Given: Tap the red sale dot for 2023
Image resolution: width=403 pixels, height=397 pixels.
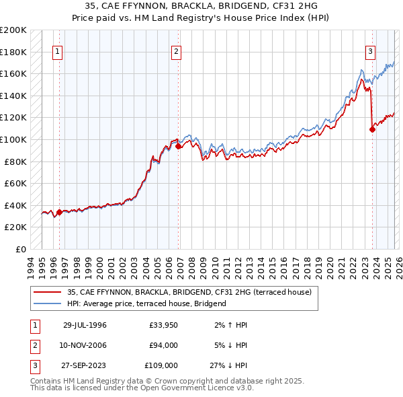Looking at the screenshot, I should click(x=372, y=130).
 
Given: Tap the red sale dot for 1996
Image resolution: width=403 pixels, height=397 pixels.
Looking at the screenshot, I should click(x=59, y=212).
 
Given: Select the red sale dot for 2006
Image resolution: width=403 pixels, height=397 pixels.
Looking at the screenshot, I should click(x=179, y=146).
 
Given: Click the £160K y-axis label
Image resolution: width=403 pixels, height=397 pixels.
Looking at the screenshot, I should click(x=14, y=73).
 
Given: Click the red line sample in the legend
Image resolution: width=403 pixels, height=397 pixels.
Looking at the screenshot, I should click(x=48, y=293).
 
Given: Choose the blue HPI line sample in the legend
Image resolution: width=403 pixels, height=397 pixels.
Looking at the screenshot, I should click(x=48, y=303).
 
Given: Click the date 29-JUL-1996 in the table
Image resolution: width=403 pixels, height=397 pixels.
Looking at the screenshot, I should click(x=85, y=325).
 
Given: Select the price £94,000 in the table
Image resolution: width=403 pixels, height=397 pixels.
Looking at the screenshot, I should click(x=163, y=345).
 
